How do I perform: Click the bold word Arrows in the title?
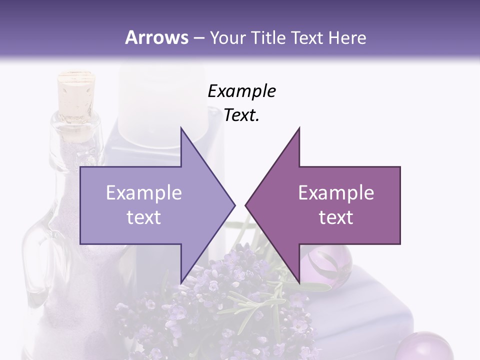click(157, 37)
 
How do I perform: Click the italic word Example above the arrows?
click(241, 91)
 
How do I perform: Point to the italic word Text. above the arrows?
click(241, 115)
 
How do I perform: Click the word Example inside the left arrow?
click(144, 193)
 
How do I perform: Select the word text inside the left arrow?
click(144, 217)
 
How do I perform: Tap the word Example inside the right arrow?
click(336, 193)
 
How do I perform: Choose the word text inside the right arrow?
click(336, 217)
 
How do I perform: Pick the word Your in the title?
click(226, 37)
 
